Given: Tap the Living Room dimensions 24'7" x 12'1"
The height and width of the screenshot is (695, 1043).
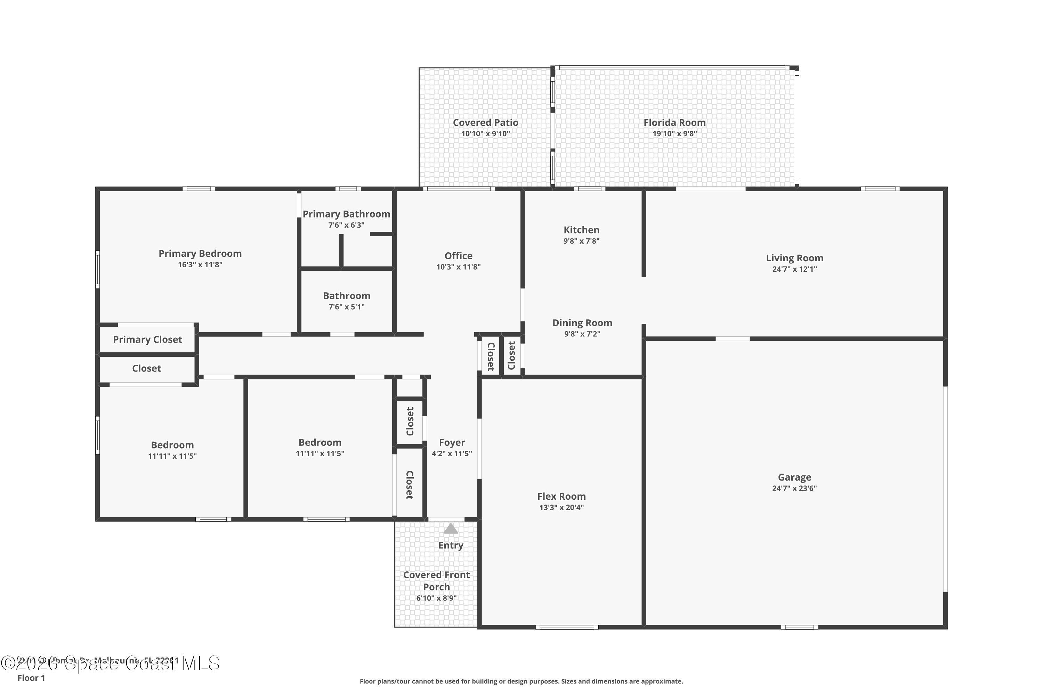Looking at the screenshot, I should pos(794,269).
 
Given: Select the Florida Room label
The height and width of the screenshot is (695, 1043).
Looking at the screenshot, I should pos(674,122).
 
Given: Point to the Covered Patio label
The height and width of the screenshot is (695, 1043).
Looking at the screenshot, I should pos(485,122).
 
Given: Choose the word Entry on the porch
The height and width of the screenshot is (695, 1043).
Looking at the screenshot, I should pos(451,545).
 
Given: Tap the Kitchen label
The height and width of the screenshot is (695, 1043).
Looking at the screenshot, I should pos(581,230).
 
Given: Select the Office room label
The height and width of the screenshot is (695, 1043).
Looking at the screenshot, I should pos(458,256).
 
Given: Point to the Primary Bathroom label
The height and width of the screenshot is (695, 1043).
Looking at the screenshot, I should pos(346,214).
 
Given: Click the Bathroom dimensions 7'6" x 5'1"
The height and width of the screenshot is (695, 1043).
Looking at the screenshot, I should pos(346,307).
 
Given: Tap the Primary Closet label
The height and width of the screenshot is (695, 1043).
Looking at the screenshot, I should pos(147,340).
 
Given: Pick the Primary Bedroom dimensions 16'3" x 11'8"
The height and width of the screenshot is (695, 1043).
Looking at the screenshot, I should pos(200,264).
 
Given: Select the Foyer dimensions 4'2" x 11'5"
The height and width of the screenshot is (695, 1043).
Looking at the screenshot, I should pos(451,453).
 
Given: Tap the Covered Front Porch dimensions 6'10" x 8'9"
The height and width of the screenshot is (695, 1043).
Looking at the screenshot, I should pos(436,598).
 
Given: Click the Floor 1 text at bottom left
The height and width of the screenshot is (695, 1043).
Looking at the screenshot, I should pos(31,678).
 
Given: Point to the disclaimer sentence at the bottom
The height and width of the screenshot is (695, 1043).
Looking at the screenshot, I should pos(521,681).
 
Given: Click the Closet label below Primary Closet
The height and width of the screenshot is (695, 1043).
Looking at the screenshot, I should pos(146,368).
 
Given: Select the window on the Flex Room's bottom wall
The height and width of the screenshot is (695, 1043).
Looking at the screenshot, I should pos(566,627).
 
